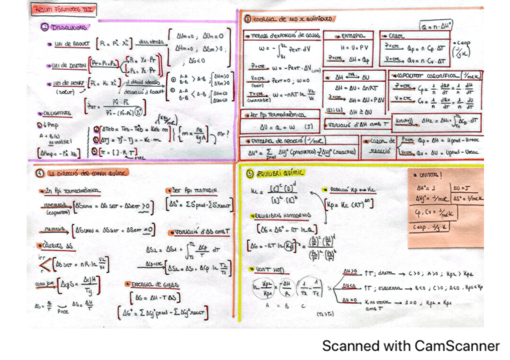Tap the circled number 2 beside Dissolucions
pos(45,27)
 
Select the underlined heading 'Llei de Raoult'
pos(69,43)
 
